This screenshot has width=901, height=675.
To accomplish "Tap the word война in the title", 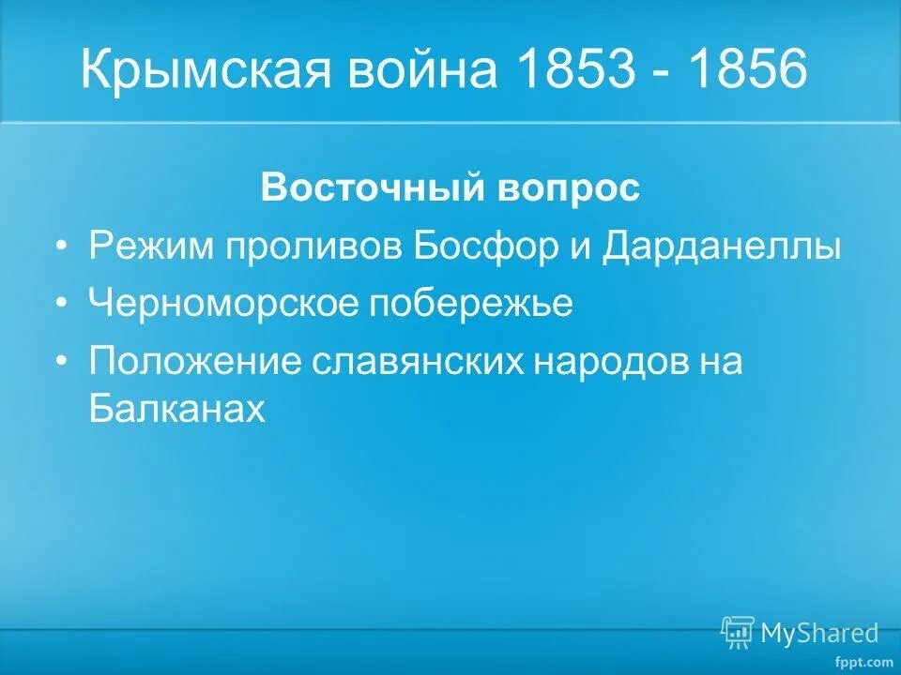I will point(427,71).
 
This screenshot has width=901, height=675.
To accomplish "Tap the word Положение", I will point(194,362).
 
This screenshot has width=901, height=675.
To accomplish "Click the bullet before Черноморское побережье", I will point(62,305).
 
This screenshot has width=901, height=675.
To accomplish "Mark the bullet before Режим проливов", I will point(62,247).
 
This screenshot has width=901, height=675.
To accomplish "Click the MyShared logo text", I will point(819,633).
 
